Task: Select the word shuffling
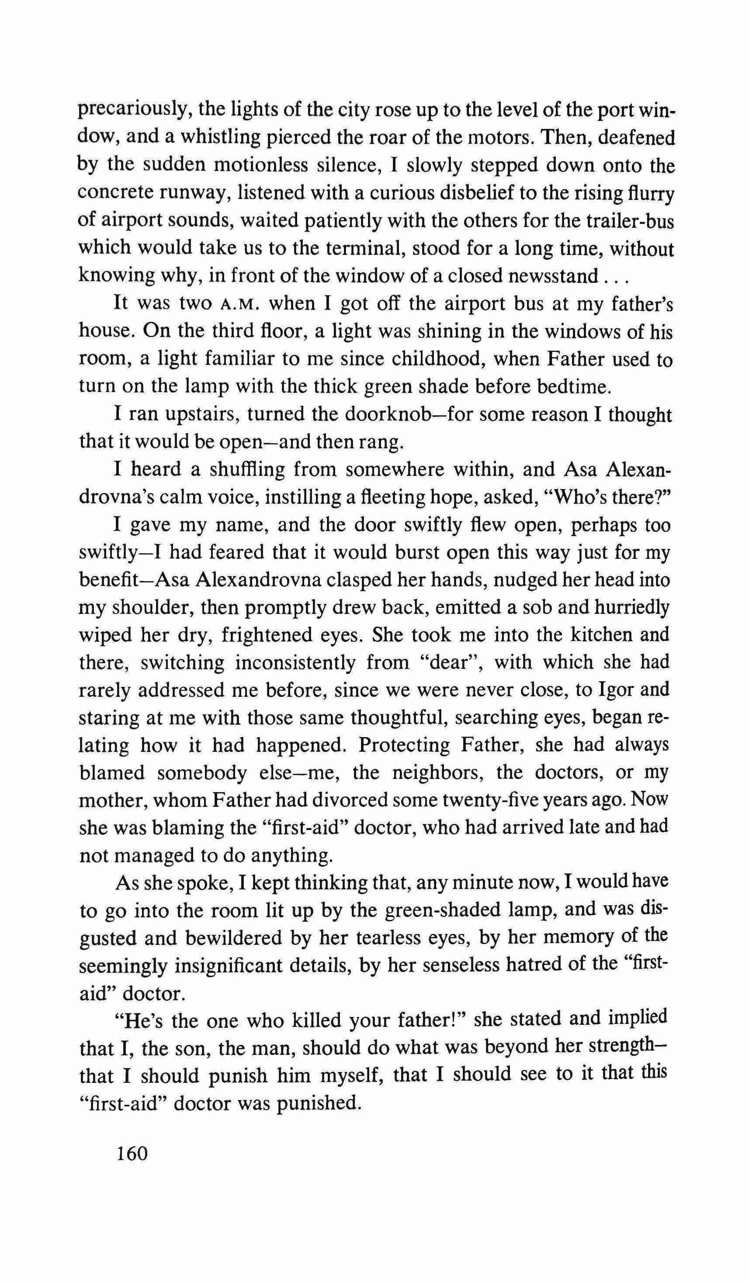click(247, 469)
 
